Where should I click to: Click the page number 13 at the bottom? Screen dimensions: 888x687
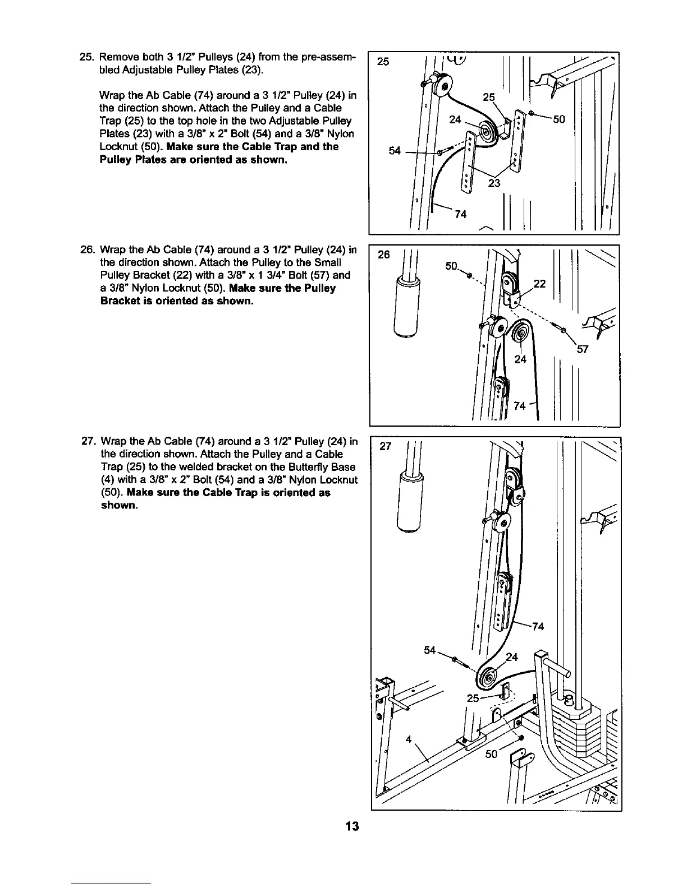(352, 826)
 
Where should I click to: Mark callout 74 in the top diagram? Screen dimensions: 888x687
(460, 214)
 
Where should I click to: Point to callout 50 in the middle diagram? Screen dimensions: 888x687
(452, 266)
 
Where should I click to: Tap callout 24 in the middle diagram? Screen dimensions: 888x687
(520, 359)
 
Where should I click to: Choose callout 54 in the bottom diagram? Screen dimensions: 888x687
(430, 650)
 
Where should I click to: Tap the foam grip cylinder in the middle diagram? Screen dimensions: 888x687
(406, 308)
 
